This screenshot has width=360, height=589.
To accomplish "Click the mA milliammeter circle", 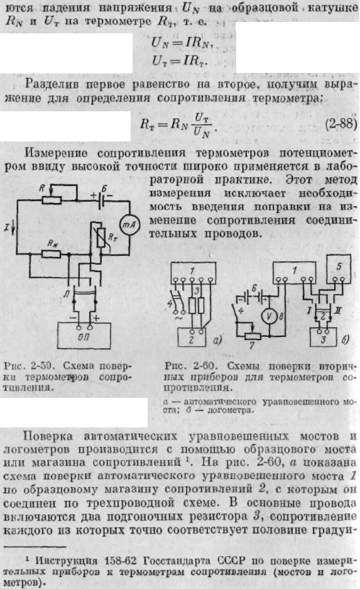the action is (x=129, y=225).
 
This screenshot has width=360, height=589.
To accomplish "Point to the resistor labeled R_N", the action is (x=51, y=255).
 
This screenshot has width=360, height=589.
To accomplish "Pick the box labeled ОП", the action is (x=84, y=336).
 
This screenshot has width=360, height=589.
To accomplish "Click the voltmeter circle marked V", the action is (x=269, y=317).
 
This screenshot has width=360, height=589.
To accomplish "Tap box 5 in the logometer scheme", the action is (x=339, y=268).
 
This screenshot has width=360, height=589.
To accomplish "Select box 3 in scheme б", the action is (x=323, y=337).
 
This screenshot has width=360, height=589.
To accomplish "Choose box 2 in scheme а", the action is (x=192, y=337).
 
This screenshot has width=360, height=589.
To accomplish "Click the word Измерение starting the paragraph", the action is (x=56, y=153).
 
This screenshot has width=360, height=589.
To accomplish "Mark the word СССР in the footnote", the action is (x=231, y=561).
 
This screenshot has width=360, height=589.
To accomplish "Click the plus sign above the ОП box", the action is (x=97, y=318).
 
